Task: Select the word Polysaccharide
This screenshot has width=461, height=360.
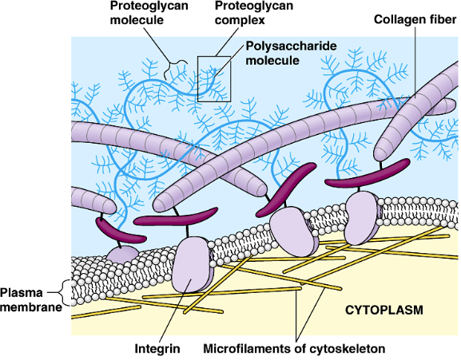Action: [x=291, y=46]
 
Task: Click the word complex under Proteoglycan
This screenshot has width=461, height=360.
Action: [x=240, y=21]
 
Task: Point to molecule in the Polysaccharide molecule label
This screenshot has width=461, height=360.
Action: [x=272, y=61]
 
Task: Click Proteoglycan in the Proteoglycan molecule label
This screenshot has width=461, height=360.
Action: [x=149, y=6]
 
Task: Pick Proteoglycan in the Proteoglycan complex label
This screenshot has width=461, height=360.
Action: [x=254, y=6]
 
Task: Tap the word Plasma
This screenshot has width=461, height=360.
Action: [x=22, y=293]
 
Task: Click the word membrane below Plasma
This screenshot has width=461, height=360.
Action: [x=31, y=307]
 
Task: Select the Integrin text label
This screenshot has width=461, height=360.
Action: [x=157, y=349]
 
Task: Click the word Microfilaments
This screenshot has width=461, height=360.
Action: [x=247, y=349]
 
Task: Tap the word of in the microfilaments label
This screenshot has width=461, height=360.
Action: [x=300, y=349]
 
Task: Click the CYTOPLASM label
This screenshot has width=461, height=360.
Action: [x=384, y=310]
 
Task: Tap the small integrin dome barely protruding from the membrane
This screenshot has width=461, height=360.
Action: [x=121, y=254]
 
